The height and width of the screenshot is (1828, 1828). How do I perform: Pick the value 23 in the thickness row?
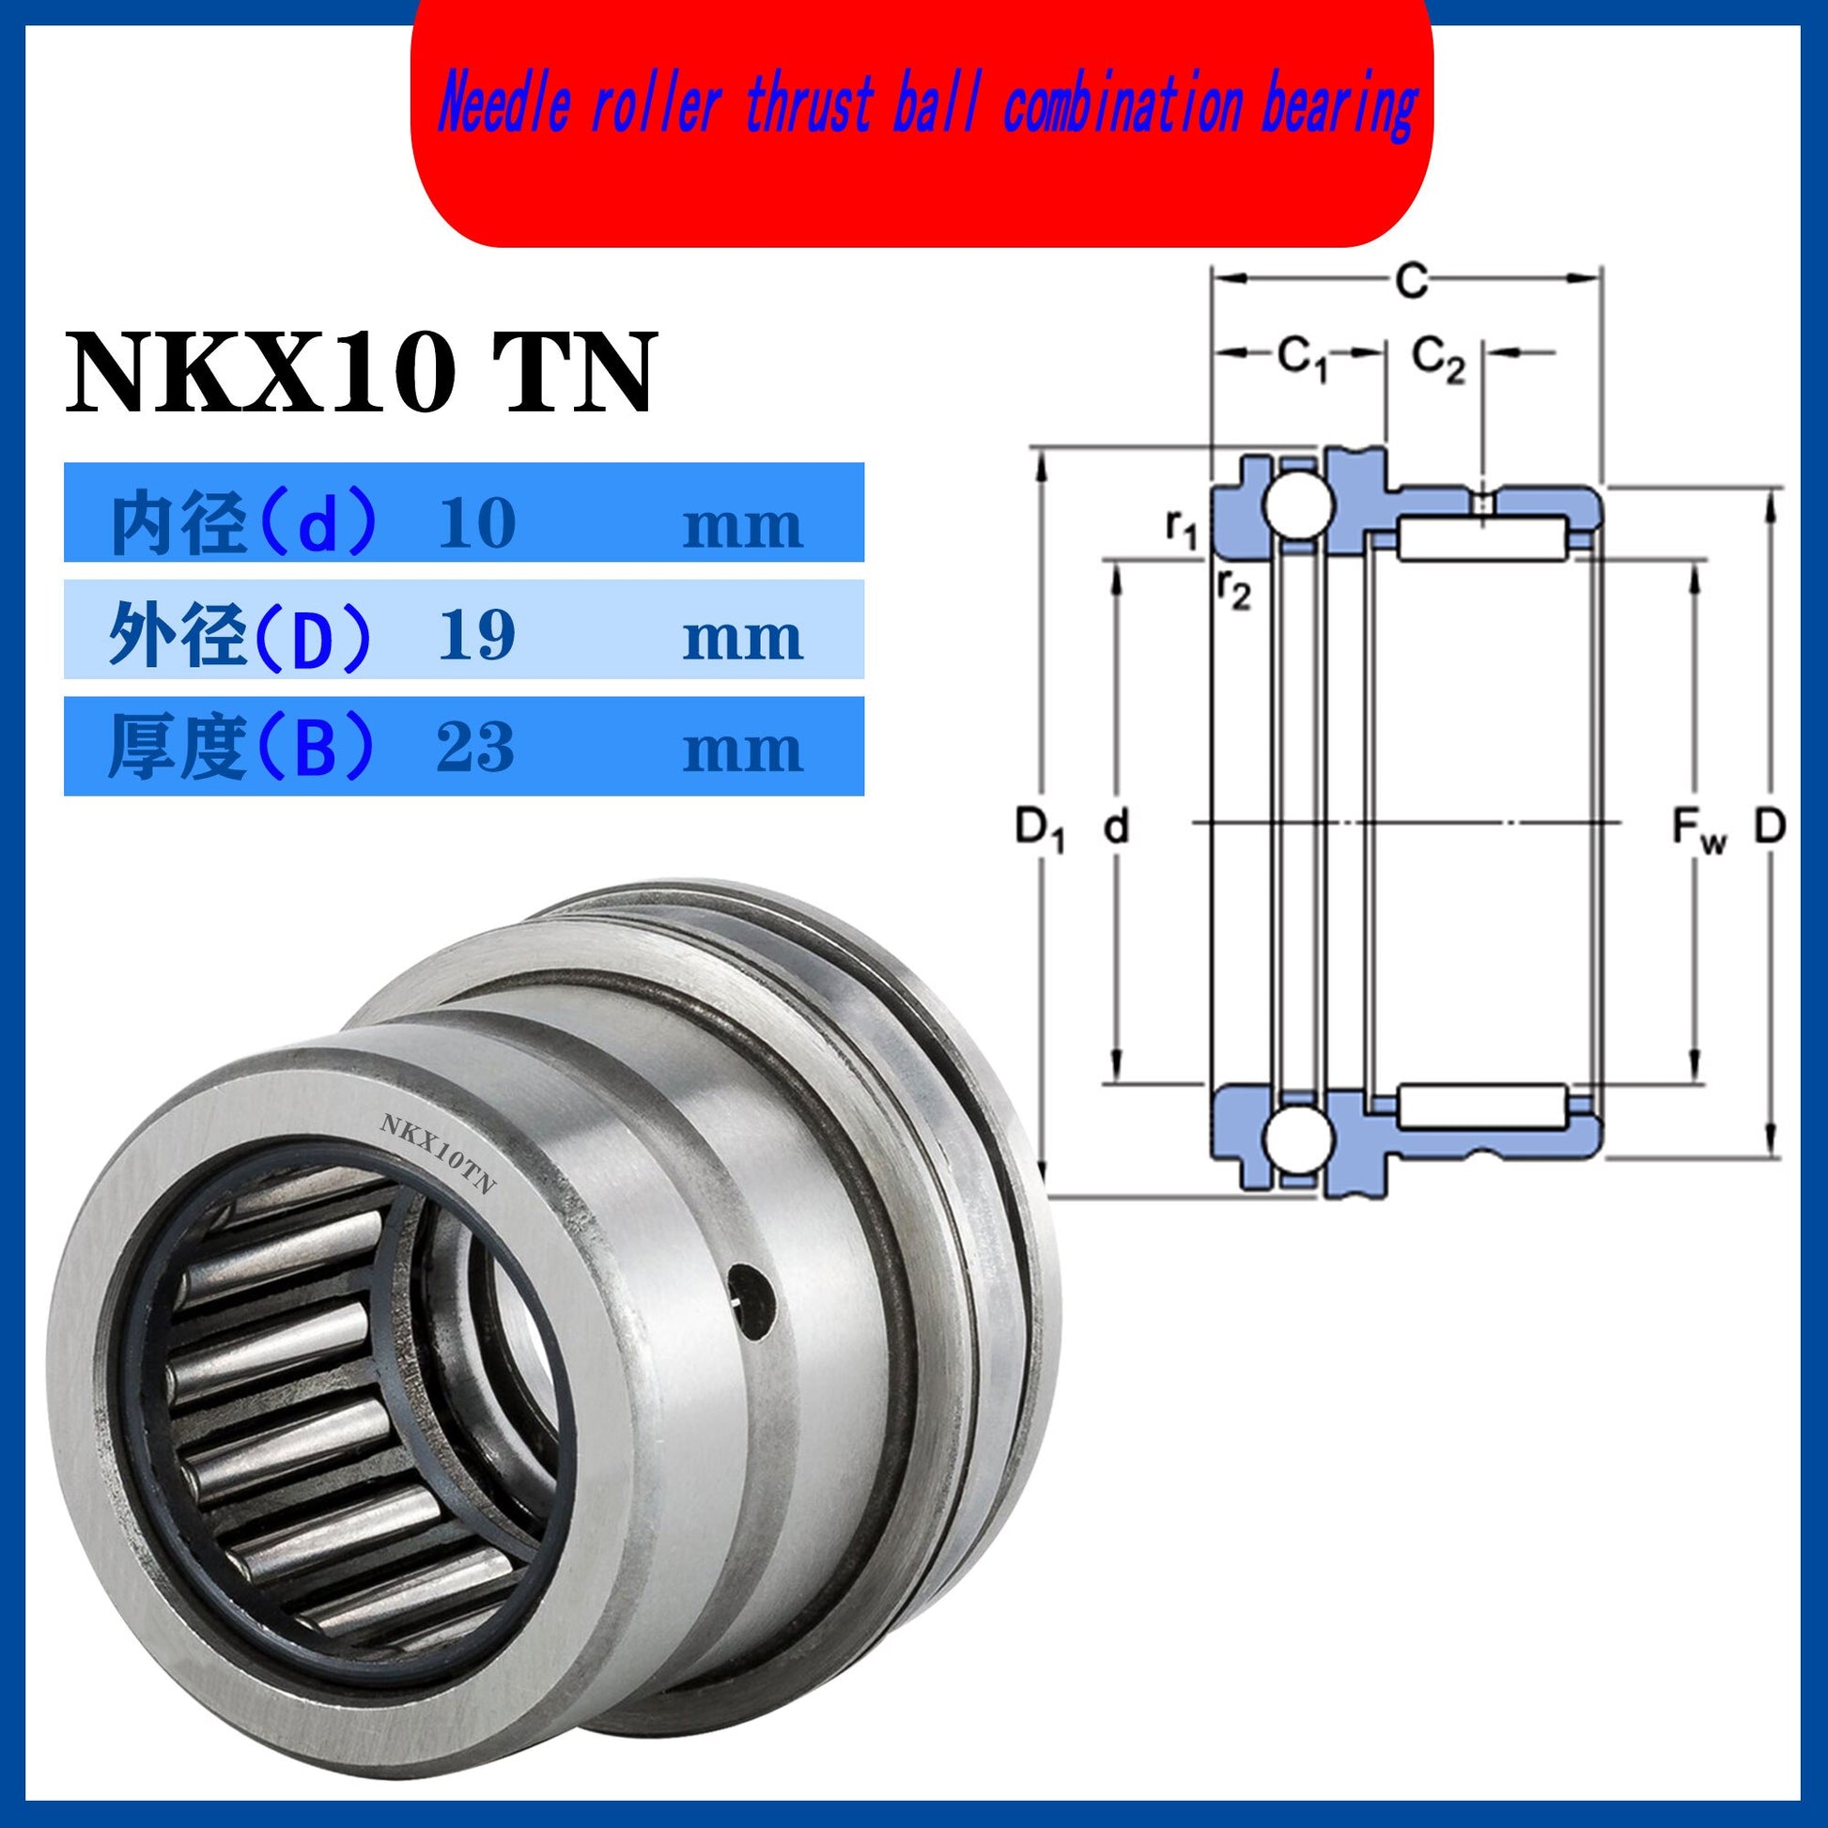476,747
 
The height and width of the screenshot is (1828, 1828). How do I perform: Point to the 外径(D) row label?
241,636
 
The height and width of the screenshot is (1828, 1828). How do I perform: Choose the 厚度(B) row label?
241,749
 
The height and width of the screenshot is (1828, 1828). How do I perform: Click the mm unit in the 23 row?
743,751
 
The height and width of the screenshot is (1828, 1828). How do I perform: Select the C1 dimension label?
1303,359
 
